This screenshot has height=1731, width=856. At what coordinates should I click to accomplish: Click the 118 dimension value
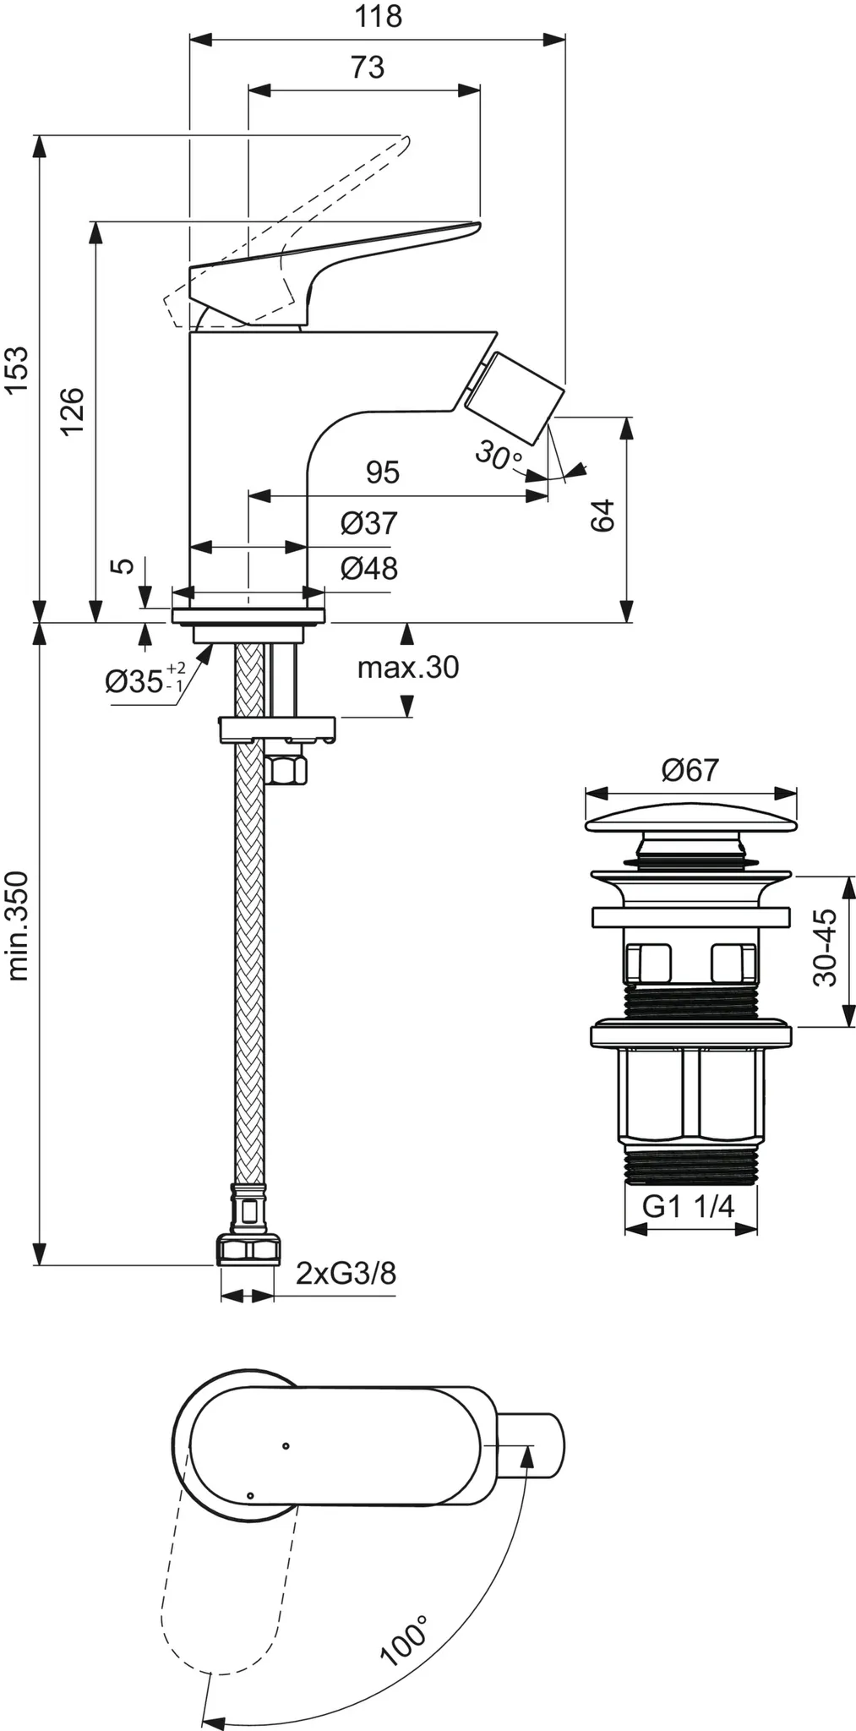click(378, 17)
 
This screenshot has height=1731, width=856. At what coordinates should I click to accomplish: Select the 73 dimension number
click(367, 67)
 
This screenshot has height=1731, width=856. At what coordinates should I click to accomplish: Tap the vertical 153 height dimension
click(17, 369)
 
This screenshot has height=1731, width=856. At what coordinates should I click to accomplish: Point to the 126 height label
click(73, 410)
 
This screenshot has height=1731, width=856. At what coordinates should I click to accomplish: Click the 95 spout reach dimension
click(382, 472)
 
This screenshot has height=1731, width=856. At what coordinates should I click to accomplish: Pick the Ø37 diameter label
click(368, 524)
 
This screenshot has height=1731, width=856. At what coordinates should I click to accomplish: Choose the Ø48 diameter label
click(368, 569)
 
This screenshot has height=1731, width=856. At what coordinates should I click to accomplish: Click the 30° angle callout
click(499, 456)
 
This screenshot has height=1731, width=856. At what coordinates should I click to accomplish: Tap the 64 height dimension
click(602, 516)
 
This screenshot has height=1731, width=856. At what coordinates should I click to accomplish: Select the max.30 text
click(408, 668)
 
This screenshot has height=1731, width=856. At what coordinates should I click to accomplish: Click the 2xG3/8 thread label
click(346, 1272)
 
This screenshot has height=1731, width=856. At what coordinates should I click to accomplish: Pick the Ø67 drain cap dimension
click(690, 770)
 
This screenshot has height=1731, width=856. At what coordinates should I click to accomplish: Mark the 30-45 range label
click(825, 947)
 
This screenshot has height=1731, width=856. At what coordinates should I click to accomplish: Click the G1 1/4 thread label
click(689, 1206)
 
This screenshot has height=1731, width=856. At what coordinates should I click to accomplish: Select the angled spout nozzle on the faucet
click(512, 396)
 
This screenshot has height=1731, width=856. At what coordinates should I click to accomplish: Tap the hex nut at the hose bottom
click(247, 1249)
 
